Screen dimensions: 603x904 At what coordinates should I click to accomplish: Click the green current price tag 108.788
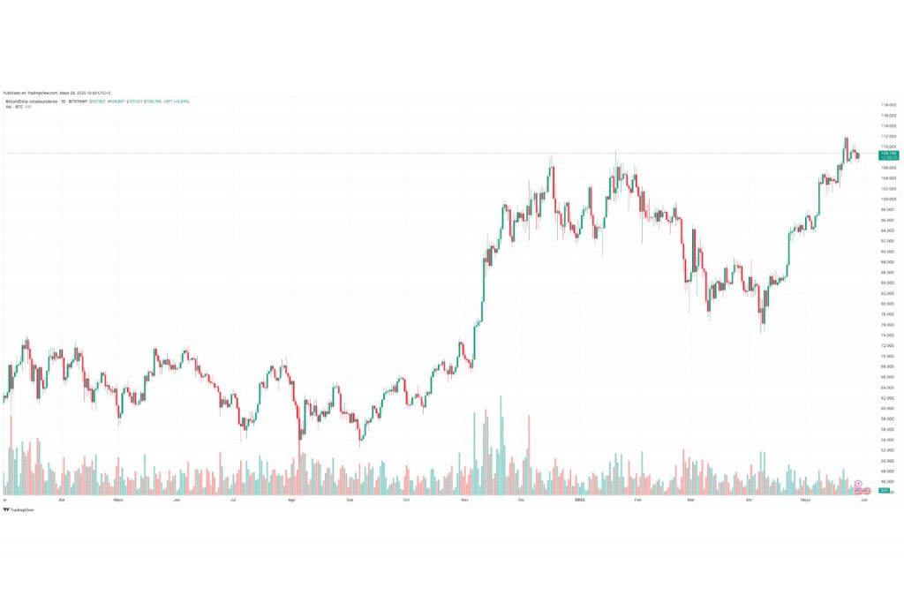(x=889, y=155)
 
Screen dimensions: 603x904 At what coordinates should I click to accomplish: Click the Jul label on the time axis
(x=233, y=500)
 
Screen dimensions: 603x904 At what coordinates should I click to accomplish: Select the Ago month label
(x=291, y=500)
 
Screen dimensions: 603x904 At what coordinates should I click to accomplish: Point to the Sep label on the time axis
(x=350, y=500)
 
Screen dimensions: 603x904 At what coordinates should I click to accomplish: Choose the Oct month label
(x=406, y=500)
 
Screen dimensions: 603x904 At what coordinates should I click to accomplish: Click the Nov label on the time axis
(x=464, y=500)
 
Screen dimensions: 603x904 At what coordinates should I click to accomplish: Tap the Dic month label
(x=521, y=500)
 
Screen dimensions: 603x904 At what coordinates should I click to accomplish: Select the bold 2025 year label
(x=579, y=500)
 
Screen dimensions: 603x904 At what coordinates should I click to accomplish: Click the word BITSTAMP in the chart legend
(x=79, y=102)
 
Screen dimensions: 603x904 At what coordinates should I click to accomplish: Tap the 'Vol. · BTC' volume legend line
(x=14, y=107)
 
